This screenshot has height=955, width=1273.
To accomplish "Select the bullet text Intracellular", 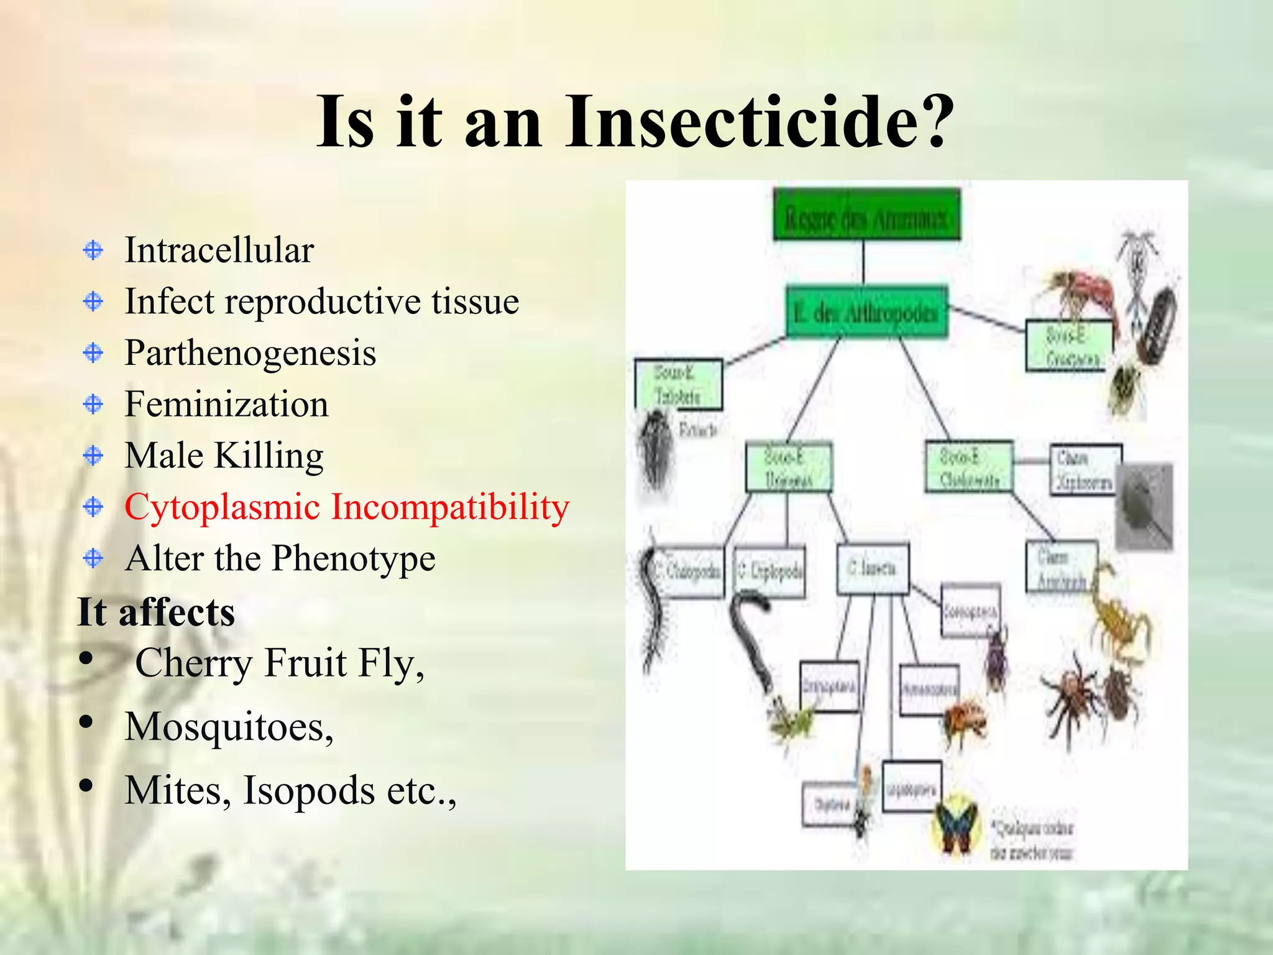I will click(219, 250).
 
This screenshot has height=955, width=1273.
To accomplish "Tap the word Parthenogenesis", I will click(250, 353).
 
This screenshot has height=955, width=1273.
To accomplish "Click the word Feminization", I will click(226, 404).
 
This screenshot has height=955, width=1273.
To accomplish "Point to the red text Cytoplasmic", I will click(222, 507).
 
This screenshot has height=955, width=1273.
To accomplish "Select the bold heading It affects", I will click(156, 612).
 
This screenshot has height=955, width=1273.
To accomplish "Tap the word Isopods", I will click(308, 790).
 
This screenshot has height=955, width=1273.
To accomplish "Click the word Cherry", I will click(193, 663).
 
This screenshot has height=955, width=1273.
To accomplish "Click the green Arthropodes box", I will click(866, 312).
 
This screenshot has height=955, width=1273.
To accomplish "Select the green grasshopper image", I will click(789, 721).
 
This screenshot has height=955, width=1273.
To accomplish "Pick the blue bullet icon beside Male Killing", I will click(93, 456).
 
